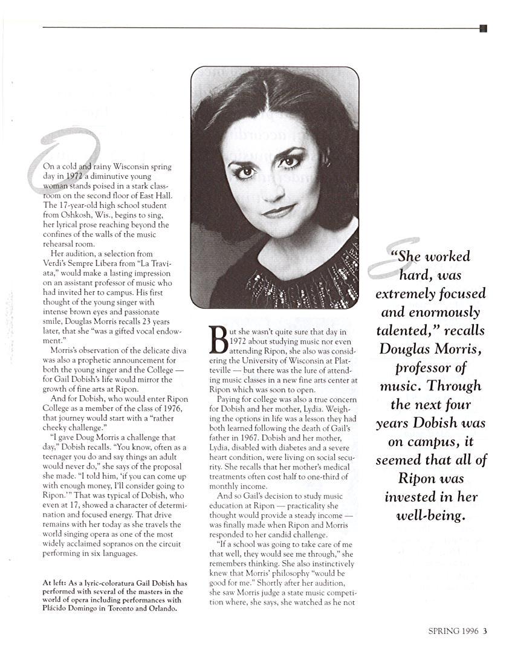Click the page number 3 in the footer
[485, 632]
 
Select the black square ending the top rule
[483, 28]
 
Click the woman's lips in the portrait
[278, 211]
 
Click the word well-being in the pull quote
[430, 516]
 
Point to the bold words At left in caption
[54, 583]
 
